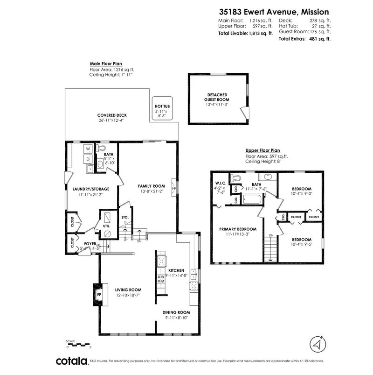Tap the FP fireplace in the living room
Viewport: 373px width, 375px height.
coord(99,295)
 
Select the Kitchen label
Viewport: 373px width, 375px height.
coord(177,270)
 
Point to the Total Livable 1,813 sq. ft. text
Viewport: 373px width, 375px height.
coord(246,34)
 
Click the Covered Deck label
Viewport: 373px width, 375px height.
coord(112,115)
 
